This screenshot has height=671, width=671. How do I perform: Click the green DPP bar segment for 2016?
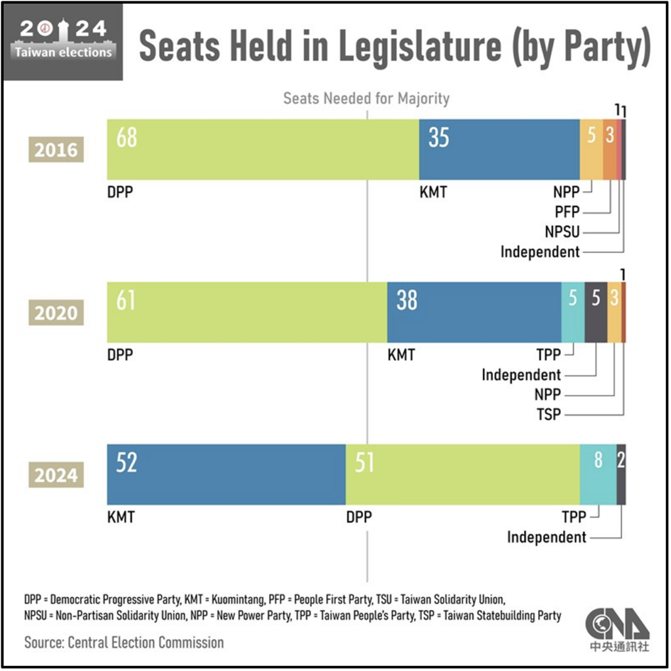(262, 149)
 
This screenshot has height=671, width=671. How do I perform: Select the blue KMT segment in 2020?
(474, 312)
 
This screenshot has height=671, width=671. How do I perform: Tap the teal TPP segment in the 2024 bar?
(598, 474)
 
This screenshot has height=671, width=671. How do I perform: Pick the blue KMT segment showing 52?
(226, 474)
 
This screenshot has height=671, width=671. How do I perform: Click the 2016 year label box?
(56, 150)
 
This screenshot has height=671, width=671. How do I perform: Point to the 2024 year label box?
(56, 474)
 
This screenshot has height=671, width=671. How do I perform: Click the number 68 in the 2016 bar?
(126, 138)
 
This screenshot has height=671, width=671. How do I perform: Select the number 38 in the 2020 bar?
(406, 301)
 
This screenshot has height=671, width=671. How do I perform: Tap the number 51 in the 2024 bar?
(364, 463)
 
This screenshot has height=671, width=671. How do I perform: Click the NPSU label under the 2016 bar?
(562, 231)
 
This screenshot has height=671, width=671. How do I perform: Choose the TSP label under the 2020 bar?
(548, 414)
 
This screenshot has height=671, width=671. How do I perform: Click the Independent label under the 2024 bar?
(546, 537)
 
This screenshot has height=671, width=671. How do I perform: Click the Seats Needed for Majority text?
(366, 99)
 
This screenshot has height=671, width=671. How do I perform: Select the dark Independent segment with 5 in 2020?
(596, 312)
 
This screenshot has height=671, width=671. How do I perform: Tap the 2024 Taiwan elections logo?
(62, 41)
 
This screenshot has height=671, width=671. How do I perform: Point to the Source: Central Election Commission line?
(124, 642)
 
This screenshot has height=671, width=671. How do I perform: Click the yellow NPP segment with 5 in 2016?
(591, 149)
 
